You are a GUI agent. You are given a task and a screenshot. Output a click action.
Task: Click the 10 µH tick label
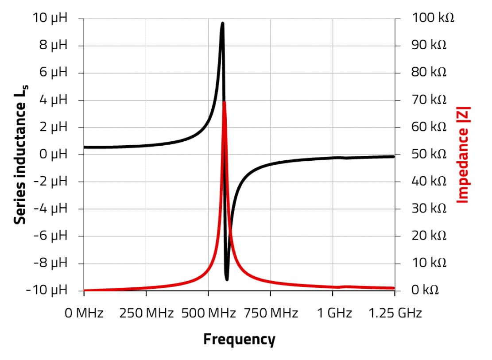(x=50, y=18)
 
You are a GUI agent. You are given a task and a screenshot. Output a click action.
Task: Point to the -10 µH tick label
(x=46, y=290)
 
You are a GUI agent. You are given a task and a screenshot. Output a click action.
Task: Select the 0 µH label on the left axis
(x=52, y=154)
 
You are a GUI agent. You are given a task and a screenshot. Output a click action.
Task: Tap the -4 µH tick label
(x=50, y=208)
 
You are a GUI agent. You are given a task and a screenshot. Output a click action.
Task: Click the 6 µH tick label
(x=52, y=73)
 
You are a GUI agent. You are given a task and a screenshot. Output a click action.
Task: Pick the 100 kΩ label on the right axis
(x=433, y=18)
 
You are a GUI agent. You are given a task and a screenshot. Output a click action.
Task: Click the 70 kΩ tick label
(x=429, y=100)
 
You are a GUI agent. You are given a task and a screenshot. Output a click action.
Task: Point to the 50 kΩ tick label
(x=429, y=154)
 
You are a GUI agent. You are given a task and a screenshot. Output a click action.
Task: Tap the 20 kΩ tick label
(x=429, y=236)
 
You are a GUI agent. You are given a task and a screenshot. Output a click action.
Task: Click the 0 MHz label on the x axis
(x=84, y=314)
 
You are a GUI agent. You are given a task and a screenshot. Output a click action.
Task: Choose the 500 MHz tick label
(x=208, y=314)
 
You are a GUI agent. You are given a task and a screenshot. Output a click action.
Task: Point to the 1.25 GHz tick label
(x=395, y=314)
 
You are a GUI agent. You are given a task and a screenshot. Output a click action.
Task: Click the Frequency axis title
(x=239, y=340)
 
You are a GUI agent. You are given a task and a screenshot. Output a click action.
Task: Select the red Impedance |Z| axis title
(x=463, y=154)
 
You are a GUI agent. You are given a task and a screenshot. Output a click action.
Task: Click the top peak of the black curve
(x=222, y=23)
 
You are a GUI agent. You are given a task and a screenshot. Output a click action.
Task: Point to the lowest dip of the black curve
(x=227, y=279)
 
